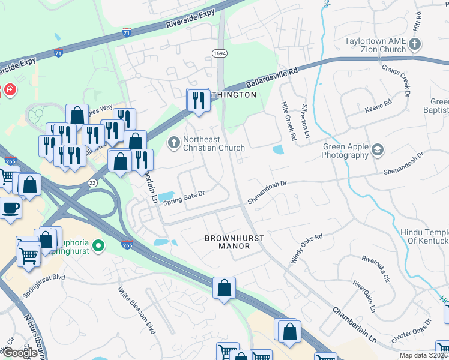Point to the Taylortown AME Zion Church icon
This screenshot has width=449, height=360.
click(x=415, y=44)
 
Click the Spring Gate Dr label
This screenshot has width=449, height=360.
click(x=184, y=197)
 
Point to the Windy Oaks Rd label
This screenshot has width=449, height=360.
click(x=307, y=248)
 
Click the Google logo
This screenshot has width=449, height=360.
click(x=20, y=352)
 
